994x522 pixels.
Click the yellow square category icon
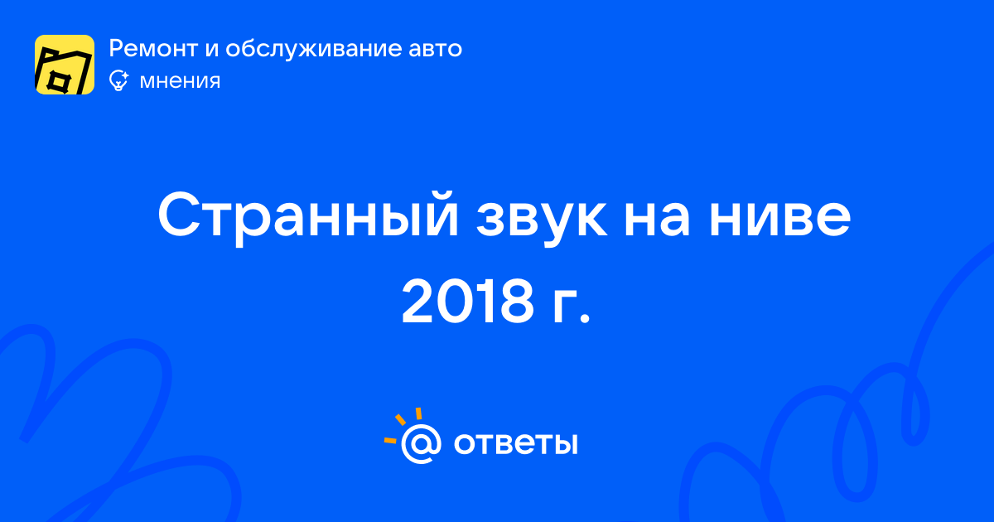click(65, 65)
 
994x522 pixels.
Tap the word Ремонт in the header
click(153, 48)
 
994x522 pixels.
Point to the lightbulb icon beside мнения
click(118, 80)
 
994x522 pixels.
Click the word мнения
click(180, 81)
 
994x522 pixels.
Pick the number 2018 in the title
click(467, 302)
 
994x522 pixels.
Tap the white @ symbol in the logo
click(421, 443)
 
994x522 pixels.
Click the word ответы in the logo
click(515, 443)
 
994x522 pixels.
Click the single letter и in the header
click(212, 49)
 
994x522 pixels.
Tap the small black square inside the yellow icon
click(58, 81)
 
